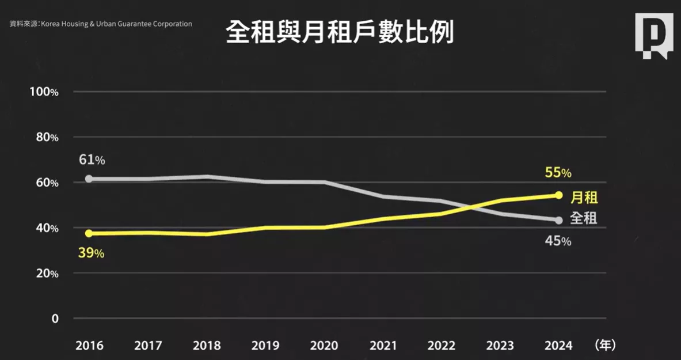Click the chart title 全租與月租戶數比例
click(340, 33)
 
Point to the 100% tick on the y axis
click(44, 92)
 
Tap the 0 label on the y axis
click(55, 319)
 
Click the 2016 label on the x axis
click(89, 346)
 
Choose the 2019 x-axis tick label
click(265, 346)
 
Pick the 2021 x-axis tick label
click(383, 346)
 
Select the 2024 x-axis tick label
click(558, 346)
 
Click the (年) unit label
click(605, 345)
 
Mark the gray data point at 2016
click(89, 179)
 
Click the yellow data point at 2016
click(89, 233)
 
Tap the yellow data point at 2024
click(558, 195)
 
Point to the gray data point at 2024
click(558, 220)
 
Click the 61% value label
click(92, 160)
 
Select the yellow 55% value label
click(558, 172)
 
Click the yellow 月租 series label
click(584, 198)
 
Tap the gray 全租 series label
click(584, 218)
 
